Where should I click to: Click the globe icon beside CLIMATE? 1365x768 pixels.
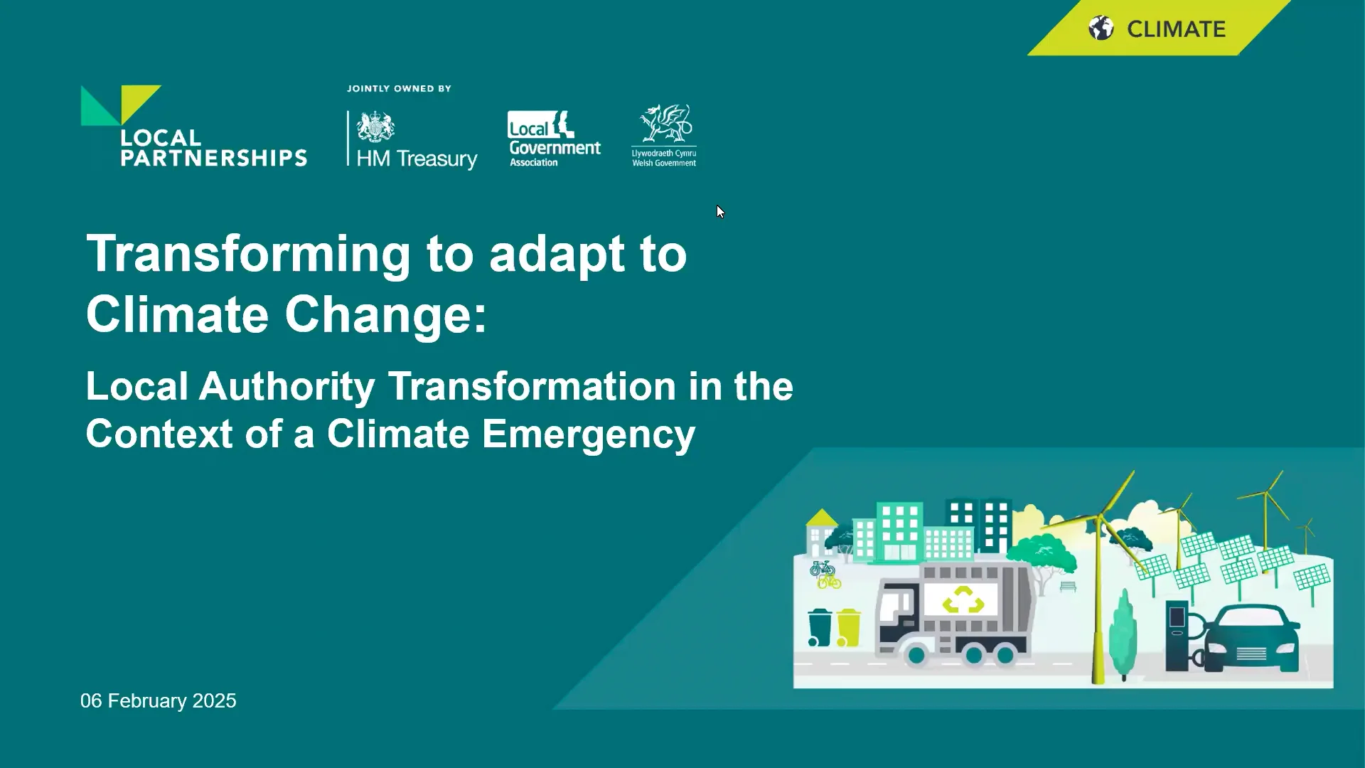point(1101,28)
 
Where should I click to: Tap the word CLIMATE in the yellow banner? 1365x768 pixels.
point(1176,29)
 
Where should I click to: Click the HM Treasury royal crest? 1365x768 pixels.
point(375,127)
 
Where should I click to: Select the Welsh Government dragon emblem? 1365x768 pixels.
point(665,124)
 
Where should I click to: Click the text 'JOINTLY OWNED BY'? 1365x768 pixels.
point(399,89)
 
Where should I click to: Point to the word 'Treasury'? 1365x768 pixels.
point(437,159)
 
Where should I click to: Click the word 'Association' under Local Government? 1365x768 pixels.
point(533,163)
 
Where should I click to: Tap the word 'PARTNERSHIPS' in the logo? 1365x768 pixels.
point(213,158)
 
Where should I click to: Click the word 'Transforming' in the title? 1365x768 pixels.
point(248,254)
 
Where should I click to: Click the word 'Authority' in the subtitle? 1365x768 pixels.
point(287,387)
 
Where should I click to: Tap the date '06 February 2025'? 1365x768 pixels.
point(158,701)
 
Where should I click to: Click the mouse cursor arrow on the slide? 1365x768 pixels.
point(720,211)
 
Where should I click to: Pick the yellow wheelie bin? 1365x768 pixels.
point(848,627)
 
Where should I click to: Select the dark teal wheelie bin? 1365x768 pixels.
point(820,627)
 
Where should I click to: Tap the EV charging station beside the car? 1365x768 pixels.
point(1177,635)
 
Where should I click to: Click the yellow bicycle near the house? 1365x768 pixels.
point(829,582)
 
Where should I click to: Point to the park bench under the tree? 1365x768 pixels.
point(1068,587)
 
